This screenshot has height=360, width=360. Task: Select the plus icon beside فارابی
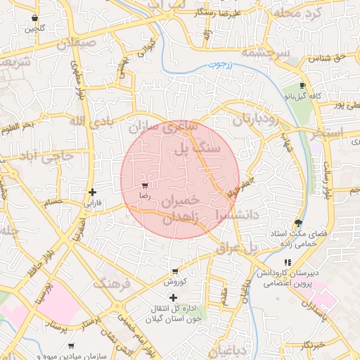[x=92, y=192]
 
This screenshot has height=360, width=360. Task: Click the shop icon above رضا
[x=145, y=186]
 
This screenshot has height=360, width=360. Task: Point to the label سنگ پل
[x=198, y=148]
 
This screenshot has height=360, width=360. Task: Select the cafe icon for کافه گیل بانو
[x=302, y=85]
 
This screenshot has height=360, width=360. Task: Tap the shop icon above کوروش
[x=174, y=271]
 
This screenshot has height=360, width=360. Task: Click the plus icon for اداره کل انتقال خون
[x=174, y=298]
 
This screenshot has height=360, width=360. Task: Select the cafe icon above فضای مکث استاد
[x=299, y=223]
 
